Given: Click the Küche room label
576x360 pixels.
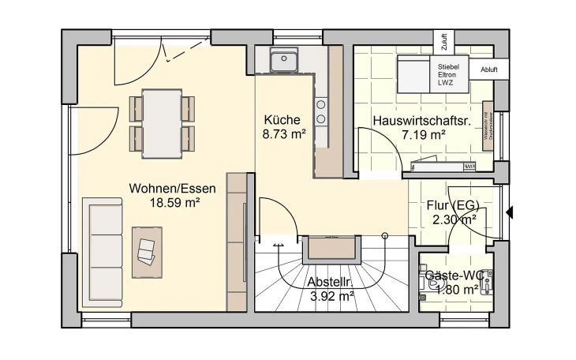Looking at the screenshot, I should tap(282, 120).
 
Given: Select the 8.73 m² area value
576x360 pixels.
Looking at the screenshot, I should tap(283, 135).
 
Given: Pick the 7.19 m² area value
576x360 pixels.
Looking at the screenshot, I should tap(423, 135).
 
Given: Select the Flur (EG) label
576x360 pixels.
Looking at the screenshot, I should tap(452, 206).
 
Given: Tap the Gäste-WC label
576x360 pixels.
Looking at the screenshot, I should tap(454, 275).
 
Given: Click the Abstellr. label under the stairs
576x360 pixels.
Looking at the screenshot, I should tap(330, 282).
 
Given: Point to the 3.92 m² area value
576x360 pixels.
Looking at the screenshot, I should tap(331, 296).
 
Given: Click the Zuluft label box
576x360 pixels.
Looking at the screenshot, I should tap(444, 40).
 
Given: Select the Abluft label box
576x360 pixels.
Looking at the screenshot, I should tap(489, 69).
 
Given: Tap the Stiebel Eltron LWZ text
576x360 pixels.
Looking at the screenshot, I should tap(448, 74).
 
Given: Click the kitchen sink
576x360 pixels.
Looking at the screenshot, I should tap(282, 59).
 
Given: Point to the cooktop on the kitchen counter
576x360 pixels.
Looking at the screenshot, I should tap(321, 111).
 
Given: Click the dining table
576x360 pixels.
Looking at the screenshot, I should tap(161, 123).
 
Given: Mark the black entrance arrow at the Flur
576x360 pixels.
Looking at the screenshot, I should tap(511, 212).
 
